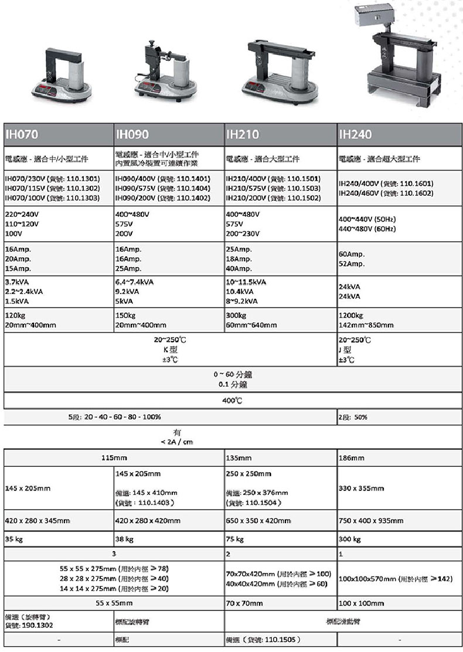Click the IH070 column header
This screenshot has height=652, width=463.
22,134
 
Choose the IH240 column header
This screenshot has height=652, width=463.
355,134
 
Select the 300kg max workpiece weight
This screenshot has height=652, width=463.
236,315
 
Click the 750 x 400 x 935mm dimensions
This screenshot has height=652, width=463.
371,520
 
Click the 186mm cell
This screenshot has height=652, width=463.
350,458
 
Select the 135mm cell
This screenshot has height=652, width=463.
239,458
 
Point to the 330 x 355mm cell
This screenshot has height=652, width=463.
362,488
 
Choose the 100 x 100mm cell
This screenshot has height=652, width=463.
362,602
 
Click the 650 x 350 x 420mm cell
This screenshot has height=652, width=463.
258,520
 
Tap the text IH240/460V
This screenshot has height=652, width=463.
359,193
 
